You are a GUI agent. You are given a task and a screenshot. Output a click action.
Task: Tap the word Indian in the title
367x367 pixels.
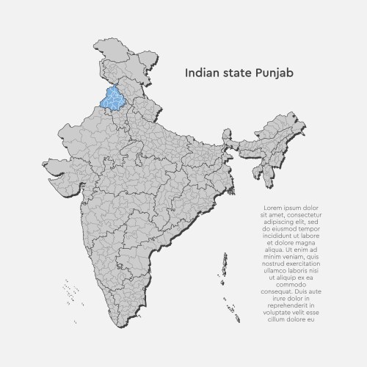click(200, 73)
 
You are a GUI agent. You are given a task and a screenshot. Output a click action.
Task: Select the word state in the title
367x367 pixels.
click(233, 73)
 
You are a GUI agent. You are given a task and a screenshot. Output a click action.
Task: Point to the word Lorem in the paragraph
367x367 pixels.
click(273, 208)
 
